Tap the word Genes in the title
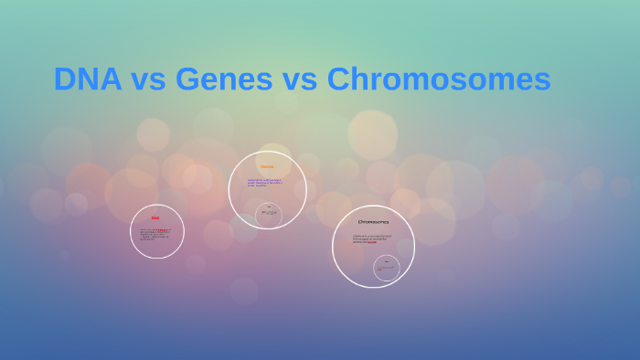click(x=224, y=79)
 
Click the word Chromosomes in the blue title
click(x=439, y=79)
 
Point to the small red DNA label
click(x=155, y=218)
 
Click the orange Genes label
click(x=267, y=167)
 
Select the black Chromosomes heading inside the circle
click(x=373, y=222)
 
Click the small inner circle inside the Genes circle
click(x=269, y=214)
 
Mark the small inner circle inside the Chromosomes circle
click(x=387, y=268)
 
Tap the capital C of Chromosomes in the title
click(x=338, y=79)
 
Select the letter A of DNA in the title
click(x=110, y=79)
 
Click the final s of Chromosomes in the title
click(x=542, y=81)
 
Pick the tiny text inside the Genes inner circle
click(x=269, y=213)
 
